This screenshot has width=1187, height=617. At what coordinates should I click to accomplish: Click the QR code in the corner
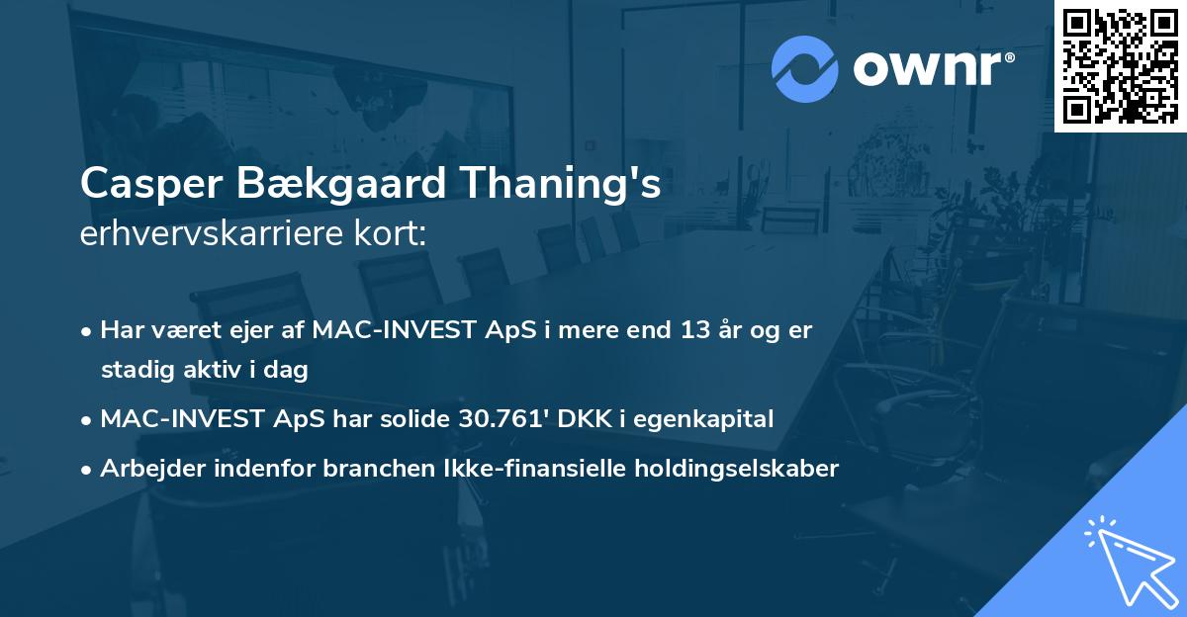tap(1120, 65)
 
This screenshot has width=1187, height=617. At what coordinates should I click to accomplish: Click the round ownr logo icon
tap(805, 68)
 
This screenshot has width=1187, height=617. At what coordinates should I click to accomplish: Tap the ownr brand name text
tap(932, 68)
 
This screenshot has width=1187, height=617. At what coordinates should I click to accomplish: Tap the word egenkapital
tap(703, 418)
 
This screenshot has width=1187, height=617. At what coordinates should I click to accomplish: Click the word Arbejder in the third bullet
tap(145, 468)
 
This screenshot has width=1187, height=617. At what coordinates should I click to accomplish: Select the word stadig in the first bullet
tap(134, 371)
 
